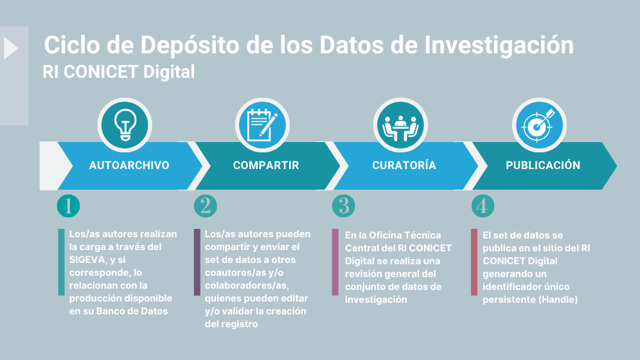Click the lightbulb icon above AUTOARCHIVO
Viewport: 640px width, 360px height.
pos(124,125)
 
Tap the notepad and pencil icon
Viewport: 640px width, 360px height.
pos(262,125)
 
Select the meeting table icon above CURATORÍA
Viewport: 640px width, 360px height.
pos(401,125)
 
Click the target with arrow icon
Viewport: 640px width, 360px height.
pos(538,125)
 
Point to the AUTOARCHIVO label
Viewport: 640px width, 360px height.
pos(129,165)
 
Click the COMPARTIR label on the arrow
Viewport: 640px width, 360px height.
pos(266,165)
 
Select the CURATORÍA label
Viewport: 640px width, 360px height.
pos(404,165)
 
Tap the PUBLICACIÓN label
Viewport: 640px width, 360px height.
pos(543,165)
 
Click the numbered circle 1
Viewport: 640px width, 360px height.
pos(68,206)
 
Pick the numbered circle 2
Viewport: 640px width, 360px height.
pos(206,206)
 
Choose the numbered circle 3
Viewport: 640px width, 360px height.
pos(344,206)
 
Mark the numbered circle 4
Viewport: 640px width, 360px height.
pos(483,206)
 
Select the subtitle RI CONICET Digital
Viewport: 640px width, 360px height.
pos(119,71)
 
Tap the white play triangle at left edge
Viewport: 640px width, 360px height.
pos(10,49)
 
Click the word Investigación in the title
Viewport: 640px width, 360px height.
pos(499,46)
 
